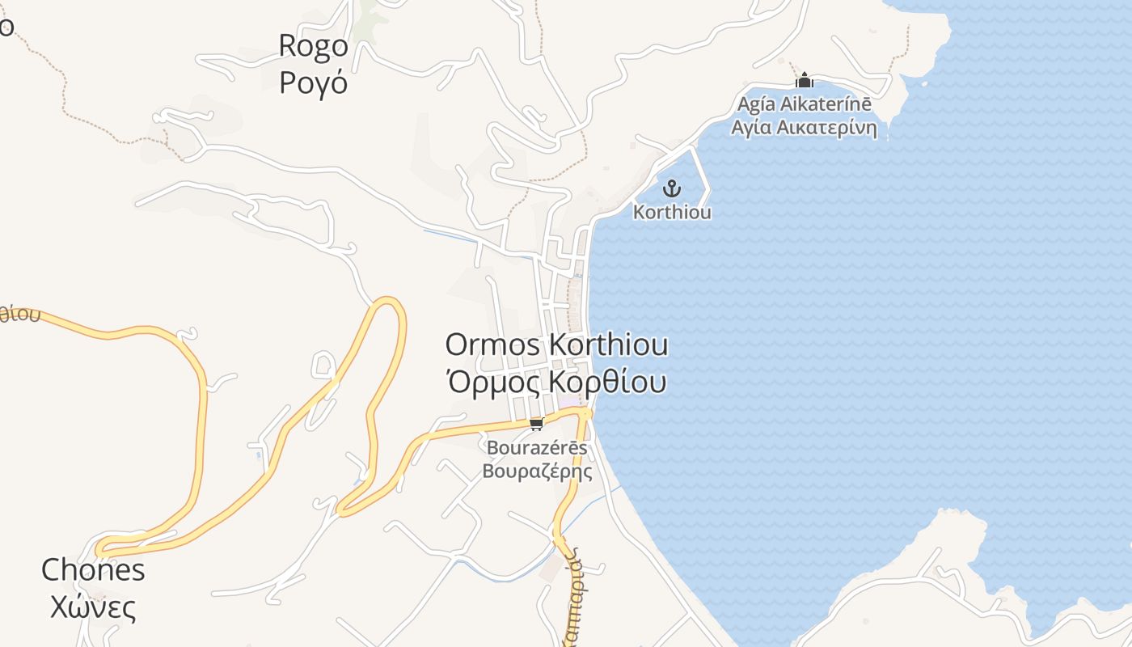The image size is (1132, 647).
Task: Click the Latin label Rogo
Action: [x=313, y=45]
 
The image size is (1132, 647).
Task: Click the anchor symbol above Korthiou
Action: [x=671, y=189]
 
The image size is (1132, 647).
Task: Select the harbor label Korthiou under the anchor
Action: [x=672, y=212]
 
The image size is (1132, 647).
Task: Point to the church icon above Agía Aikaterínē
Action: [x=804, y=81]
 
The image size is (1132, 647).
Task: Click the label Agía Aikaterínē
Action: [x=804, y=105]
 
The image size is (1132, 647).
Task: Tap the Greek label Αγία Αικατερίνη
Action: [x=804, y=128]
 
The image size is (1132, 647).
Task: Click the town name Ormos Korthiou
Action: [x=557, y=345]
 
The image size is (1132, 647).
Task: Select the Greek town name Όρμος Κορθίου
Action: [x=557, y=381]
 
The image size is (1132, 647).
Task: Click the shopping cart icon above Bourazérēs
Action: [x=536, y=424]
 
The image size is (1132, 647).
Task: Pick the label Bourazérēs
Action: [x=537, y=447]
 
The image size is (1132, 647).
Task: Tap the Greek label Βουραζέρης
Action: [x=537, y=471]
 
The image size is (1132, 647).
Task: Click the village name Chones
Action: [x=93, y=570]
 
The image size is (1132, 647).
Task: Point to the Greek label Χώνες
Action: [x=93, y=607]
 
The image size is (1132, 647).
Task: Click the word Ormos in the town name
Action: [x=493, y=345]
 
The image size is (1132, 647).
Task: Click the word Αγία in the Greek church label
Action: [x=750, y=128]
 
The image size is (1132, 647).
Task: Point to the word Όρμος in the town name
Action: [x=494, y=381]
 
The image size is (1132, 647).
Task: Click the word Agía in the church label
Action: [x=755, y=105]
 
